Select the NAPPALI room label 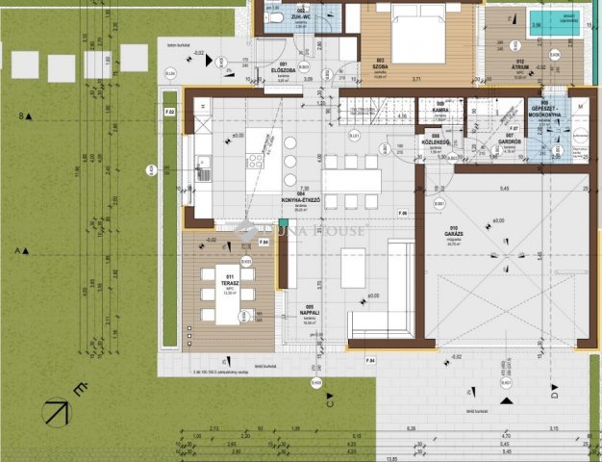click(309, 311)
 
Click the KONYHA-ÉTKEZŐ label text click(301, 200)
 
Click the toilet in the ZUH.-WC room click(275, 18)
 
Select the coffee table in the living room click(353, 268)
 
